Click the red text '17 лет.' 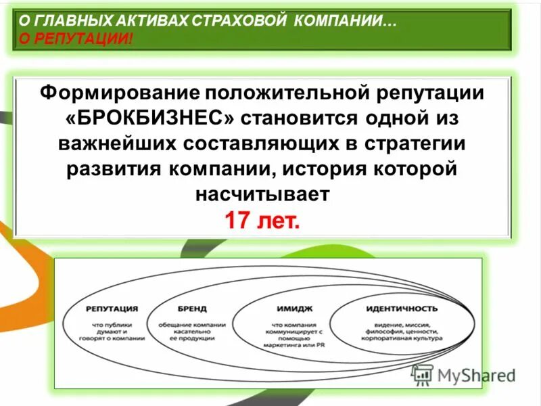[261, 221]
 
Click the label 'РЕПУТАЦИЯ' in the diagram [112, 308]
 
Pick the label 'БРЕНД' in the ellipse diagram [191, 308]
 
